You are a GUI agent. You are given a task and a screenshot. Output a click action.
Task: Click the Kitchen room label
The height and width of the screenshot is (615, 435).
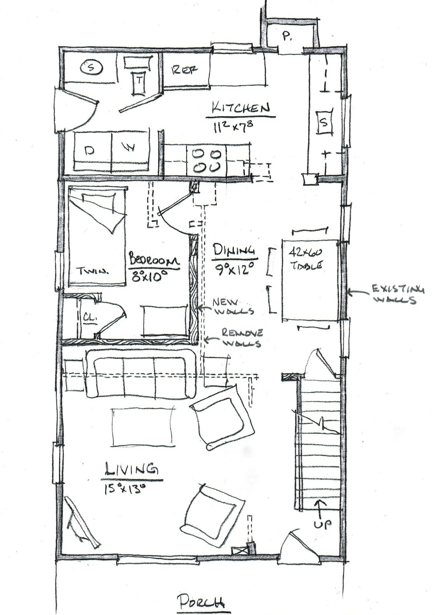coord(241,108)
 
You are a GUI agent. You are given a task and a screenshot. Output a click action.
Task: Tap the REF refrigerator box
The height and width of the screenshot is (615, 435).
coord(186,70)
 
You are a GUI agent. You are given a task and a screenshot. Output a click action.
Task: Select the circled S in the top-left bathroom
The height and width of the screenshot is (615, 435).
coord(91,68)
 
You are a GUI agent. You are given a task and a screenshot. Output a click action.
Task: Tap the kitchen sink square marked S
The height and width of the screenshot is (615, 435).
coord(324,123)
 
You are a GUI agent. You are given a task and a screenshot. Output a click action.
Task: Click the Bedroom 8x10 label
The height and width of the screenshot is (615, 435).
coord(154,264)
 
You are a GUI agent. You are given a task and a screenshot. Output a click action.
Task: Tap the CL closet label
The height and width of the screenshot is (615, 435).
coord(89,319)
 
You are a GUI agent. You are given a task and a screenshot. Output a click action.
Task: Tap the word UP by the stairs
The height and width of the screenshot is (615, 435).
coord(322,524)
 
